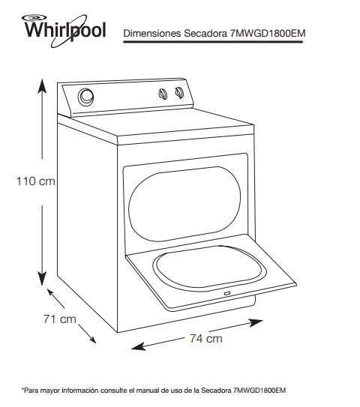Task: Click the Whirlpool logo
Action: click(x=64, y=31)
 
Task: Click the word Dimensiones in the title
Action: click(x=152, y=34)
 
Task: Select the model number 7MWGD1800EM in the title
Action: click(x=268, y=34)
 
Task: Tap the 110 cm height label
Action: click(x=35, y=181)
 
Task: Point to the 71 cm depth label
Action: click(x=60, y=319)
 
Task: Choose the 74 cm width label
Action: click(x=206, y=339)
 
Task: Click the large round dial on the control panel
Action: click(x=85, y=97)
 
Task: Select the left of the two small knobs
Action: click(x=163, y=94)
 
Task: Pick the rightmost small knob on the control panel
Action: click(x=179, y=92)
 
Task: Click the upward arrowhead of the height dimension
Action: click(x=42, y=86)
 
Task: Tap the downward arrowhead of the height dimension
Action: click(x=42, y=278)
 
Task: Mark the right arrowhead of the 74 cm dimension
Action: click(x=256, y=322)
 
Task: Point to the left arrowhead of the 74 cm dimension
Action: click(x=139, y=347)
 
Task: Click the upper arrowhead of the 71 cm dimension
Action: click(x=51, y=293)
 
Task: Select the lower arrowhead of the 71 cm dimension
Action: click(x=92, y=339)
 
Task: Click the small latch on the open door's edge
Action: click(x=227, y=294)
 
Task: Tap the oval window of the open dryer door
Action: click(x=209, y=268)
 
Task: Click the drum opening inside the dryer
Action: click(x=184, y=204)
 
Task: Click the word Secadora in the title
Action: click(x=205, y=34)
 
